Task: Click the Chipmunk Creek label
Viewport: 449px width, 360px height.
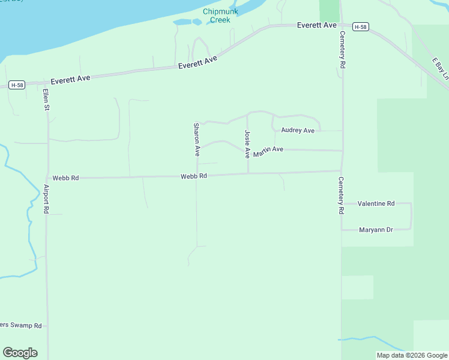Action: click(x=220, y=16)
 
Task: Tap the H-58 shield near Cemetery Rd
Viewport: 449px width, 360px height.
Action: click(x=360, y=27)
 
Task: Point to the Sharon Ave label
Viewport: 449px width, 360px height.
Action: click(x=196, y=140)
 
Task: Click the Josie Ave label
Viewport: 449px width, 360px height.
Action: click(x=247, y=144)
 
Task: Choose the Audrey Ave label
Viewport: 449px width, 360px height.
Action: click(x=298, y=130)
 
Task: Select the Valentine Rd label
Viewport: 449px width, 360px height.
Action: click(x=376, y=204)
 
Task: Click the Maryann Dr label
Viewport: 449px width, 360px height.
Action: click(x=375, y=230)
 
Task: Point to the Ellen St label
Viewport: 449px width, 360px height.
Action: click(x=46, y=100)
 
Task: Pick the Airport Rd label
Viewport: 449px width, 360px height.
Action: click(x=46, y=199)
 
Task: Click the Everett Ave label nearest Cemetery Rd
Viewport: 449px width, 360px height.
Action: click(x=317, y=26)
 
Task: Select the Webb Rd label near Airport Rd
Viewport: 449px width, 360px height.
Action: click(x=65, y=178)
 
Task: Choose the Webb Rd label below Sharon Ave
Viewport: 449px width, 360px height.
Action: click(x=194, y=176)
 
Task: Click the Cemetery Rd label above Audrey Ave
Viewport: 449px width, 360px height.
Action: click(x=342, y=49)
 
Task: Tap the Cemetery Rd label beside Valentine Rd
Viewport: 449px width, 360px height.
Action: click(x=340, y=196)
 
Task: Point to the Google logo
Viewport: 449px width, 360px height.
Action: click(x=20, y=353)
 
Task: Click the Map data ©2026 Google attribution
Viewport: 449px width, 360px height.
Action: click(x=412, y=355)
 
